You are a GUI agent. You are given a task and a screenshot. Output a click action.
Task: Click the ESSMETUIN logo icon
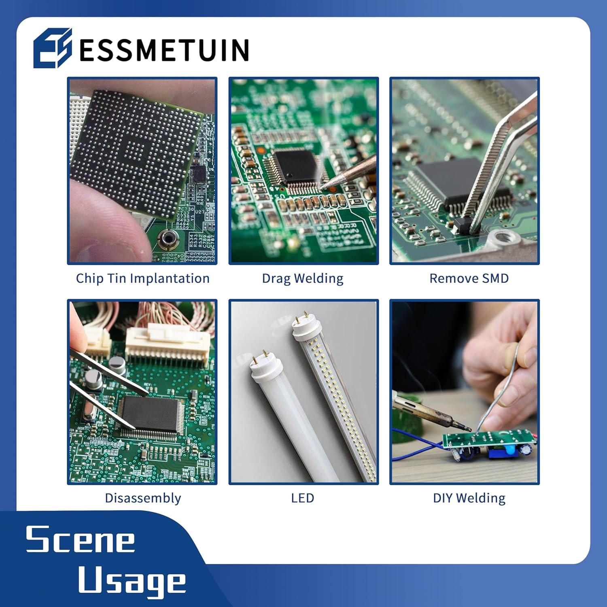click(x=53, y=48)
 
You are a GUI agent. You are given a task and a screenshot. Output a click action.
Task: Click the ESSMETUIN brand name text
click(x=164, y=50)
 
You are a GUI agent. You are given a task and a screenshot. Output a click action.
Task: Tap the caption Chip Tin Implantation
click(x=142, y=278)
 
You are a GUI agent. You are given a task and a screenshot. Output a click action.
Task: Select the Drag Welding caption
click(x=303, y=278)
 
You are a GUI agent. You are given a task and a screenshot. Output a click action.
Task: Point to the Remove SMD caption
click(x=469, y=278)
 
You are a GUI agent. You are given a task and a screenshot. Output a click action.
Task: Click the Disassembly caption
click(x=142, y=498)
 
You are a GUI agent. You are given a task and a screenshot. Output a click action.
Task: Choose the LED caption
click(x=302, y=498)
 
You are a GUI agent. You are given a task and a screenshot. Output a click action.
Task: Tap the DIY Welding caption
click(x=469, y=498)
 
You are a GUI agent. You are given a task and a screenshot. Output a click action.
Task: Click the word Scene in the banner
click(x=80, y=539)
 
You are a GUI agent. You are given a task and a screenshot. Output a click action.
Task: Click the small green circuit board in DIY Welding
click(x=486, y=439)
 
